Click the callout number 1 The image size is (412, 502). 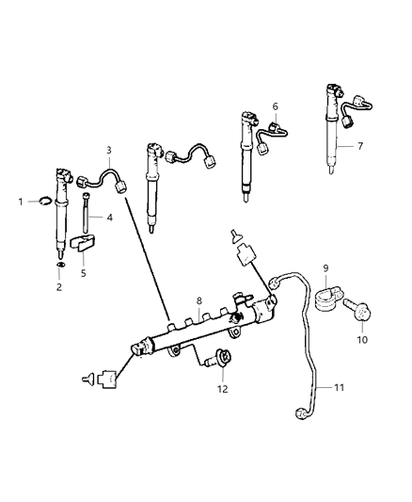tap(22, 201)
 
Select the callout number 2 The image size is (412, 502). tap(58, 287)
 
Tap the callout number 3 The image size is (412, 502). tap(109, 150)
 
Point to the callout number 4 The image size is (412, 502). tap(109, 218)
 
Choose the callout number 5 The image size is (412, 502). tap(82, 274)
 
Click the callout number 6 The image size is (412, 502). tap(275, 106)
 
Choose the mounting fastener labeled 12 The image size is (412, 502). tap(223, 359)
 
